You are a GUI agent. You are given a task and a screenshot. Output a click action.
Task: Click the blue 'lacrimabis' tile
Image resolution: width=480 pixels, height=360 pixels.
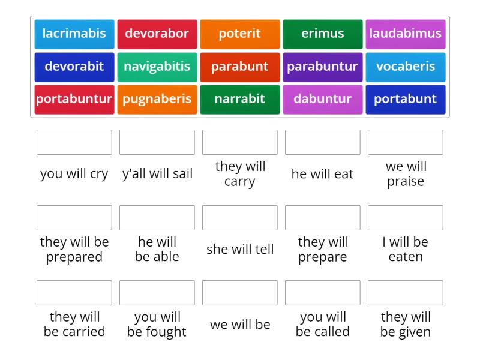pyautogui.click(x=74, y=34)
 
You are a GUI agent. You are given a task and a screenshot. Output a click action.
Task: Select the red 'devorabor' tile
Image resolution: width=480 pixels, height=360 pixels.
pyautogui.click(x=157, y=34)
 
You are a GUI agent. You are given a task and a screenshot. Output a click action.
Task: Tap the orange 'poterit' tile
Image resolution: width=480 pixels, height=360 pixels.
pyautogui.click(x=240, y=34)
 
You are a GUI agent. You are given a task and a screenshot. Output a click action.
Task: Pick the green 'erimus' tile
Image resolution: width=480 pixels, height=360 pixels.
pyautogui.click(x=323, y=34)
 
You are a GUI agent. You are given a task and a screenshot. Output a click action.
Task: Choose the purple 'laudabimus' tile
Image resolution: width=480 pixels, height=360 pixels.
pyautogui.click(x=406, y=34)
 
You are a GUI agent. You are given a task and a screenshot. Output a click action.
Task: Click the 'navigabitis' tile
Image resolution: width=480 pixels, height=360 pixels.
pyautogui.click(x=157, y=67)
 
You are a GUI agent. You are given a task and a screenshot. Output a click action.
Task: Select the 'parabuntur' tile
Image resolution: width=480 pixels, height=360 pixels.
pyautogui.click(x=323, y=67)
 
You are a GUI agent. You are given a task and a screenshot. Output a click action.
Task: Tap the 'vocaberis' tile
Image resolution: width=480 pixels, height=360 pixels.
pyautogui.click(x=406, y=67)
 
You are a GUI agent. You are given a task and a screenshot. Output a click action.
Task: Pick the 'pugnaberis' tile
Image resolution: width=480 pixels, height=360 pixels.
pyautogui.click(x=157, y=99)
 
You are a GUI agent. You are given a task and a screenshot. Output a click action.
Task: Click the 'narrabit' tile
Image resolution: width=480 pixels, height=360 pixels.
pyautogui.click(x=240, y=99)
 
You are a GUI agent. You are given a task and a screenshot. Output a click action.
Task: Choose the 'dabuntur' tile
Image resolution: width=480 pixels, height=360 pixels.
pyautogui.click(x=323, y=99)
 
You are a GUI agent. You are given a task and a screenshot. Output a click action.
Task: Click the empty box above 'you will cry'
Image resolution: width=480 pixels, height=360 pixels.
pyautogui.click(x=74, y=142)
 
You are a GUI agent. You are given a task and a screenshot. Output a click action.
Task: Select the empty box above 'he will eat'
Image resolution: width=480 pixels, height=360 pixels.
pyautogui.click(x=323, y=142)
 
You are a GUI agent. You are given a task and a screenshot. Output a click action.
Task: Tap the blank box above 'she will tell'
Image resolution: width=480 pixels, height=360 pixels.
pyautogui.click(x=240, y=218)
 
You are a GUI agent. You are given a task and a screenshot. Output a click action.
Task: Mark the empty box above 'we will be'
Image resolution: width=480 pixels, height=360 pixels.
pyautogui.click(x=240, y=293)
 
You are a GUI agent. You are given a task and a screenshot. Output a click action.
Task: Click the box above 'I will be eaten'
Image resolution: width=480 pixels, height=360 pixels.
pyautogui.click(x=406, y=218)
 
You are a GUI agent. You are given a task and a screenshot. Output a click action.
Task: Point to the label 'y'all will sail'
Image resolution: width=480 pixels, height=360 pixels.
pyautogui.click(x=157, y=174)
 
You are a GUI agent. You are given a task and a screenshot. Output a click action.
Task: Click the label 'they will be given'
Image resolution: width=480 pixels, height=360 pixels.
pyautogui.click(x=406, y=324)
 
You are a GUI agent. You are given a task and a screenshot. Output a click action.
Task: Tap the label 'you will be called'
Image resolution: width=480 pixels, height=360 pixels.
pyautogui.click(x=323, y=324)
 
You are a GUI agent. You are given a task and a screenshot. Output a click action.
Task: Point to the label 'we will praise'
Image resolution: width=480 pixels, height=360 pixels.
pyautogui.click(x=406, y=174)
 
